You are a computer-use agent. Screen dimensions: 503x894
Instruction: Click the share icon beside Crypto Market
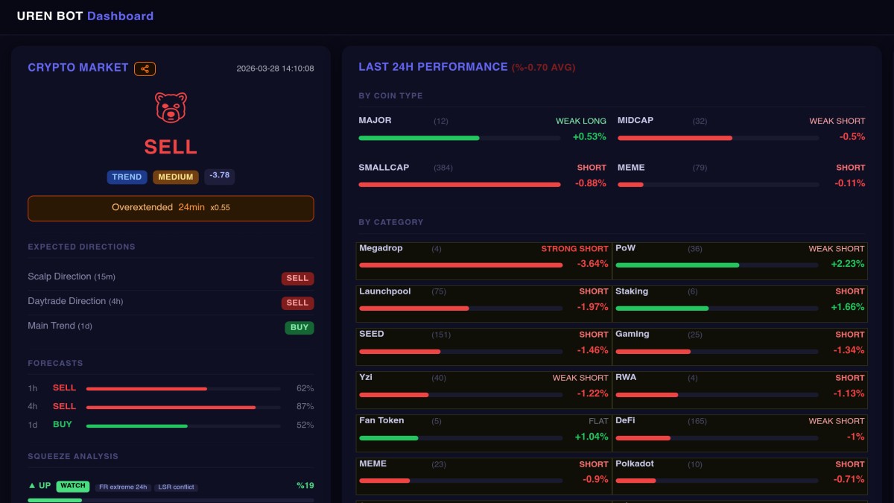coord(145,69)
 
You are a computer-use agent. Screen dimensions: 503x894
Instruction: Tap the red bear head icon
coord(171,108)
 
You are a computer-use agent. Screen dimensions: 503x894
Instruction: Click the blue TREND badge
coord(127,177)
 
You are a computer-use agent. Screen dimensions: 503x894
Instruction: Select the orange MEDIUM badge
coord(176,177)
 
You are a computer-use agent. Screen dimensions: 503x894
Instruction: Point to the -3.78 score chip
coord(220,176)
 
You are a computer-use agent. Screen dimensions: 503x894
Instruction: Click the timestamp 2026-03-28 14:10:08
coord(275,69)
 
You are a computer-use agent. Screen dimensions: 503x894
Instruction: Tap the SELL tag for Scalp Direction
coord(297,279)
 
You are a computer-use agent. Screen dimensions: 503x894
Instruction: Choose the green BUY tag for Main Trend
coord(299,328)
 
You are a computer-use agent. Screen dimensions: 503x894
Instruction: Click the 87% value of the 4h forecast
coord(305,407)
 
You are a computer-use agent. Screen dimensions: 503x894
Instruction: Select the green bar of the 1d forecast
coord(136,426)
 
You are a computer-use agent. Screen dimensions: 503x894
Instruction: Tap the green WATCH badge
coord(73,486)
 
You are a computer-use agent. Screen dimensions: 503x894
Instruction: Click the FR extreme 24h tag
coord(123,487)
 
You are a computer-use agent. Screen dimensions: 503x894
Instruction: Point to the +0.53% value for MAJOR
coord(589,137)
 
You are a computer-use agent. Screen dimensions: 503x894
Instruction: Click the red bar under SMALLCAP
coord(459,184)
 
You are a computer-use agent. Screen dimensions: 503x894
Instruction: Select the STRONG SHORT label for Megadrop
coord(574,249)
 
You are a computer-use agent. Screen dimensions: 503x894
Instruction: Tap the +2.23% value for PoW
coord(848,264)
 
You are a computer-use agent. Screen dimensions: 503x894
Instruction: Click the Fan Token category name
coord(381,420)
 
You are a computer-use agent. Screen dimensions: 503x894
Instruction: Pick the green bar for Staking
coord(662,309)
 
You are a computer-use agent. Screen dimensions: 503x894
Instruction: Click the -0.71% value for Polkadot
coord(849,479)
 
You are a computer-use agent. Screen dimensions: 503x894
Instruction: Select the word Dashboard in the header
coord(120,16)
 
